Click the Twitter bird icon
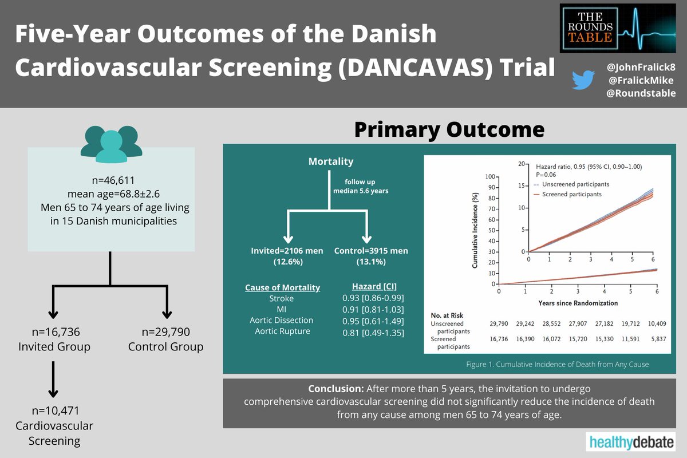pos(583,80)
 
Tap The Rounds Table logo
pos(617,28)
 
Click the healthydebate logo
pos(631,442)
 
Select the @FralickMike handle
pos(641,80)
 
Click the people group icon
pos(111,144)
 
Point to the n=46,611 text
pos(113,180)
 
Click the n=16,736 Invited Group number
pos(56,332)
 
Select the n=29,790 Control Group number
pos(165,332)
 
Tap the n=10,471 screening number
pos(56,410)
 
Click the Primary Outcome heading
pos(449,129)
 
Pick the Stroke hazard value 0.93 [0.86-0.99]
pos(373,298)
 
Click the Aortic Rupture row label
pos(282,331)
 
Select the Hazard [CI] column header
pos(374,286)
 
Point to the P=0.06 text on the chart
pos(546,175)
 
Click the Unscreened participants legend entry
pos(571,184)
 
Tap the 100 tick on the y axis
pos(490,177)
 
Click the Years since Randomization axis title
pos(578,303)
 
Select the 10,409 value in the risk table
pos(657,323)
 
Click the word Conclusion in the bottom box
pos(336,389)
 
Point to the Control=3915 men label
pos(371,251)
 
